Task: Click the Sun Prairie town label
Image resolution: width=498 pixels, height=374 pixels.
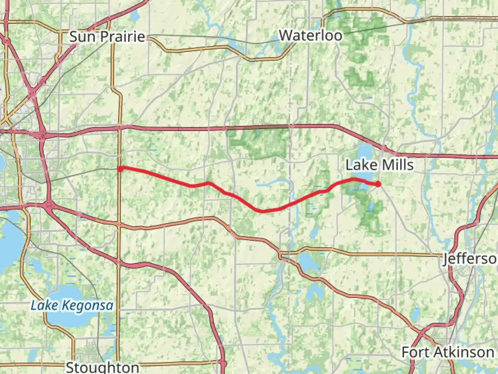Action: (107, 36)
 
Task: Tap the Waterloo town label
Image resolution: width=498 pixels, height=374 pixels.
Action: (310, 35)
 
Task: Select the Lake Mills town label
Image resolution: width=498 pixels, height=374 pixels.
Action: (379, 165)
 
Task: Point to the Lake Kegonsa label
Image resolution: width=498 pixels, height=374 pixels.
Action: (72, 305)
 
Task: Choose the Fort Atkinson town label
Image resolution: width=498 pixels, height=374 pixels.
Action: (448, 352)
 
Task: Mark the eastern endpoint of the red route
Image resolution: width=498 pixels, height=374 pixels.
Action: (378, 184)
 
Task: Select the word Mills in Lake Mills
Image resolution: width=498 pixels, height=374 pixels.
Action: (398, 165)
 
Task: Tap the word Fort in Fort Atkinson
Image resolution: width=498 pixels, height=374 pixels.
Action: (414, 352)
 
